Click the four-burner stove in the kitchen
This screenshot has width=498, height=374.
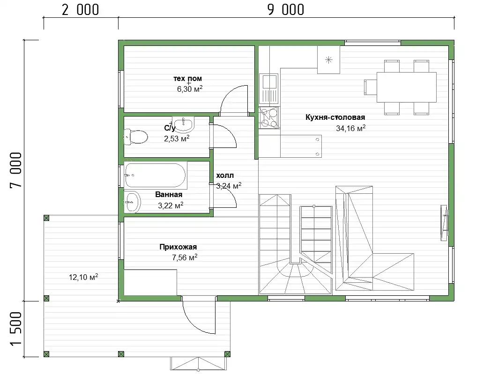coord(269,117)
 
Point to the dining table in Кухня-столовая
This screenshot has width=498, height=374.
coord(407,87)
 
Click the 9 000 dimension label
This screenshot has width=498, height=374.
coord(286,9)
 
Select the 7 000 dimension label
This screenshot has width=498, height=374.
coord(15,170)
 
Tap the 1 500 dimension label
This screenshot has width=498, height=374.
coord(15,329)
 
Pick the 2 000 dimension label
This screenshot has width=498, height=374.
coord(81,9)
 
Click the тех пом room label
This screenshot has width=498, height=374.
coord(187,78)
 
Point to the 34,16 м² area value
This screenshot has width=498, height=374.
coord(350,128)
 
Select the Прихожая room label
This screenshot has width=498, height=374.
coord(178,247)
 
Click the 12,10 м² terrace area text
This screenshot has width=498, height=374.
coord(83,277)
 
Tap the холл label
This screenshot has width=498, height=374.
coord(225,176)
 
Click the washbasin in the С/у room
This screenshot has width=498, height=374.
coord(184,125)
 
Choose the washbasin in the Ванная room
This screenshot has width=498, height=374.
coord(132,202)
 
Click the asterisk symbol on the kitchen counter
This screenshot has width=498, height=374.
coord(329,59)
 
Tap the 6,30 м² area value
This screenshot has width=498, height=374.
coord(190,89)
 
